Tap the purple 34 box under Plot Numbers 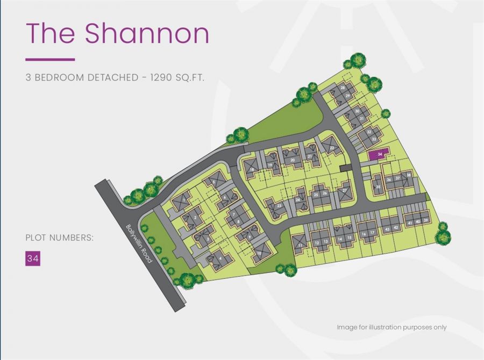tap(33, 258)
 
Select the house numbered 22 tap(332, 146)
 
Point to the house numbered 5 tap(214, 182)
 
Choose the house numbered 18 tap(251, 169)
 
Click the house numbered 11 tap(299, 244)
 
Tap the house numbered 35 tap(379, 186)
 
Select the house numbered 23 tap(279, 205)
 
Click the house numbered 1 tap(184, 200)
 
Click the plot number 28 tap(343, 88)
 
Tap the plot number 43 tap(387, 228)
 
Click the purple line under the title tap(50, 59)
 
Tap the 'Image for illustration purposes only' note tap(392, 327)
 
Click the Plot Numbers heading tap(59, 237)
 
